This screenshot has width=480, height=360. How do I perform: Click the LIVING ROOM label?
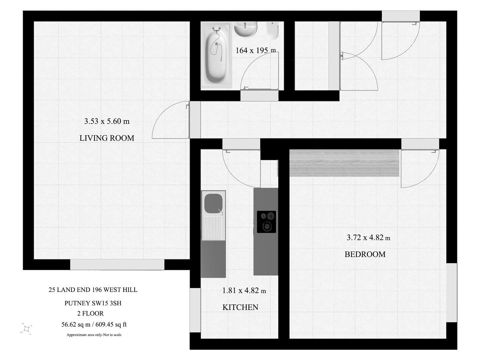click(107, 138)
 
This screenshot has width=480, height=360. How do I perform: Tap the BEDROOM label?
click(365, 254)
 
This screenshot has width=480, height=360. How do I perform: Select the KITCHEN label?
click(240, 307)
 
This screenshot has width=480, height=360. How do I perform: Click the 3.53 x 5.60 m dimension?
click(107, 121)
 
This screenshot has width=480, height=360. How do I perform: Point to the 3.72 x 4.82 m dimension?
click(368, 238)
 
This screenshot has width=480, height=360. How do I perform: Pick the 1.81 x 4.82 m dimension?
click(244, 291)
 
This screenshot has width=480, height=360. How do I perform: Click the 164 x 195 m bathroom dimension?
click(256, 51)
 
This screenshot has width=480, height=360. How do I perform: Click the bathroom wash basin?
click(246, 28)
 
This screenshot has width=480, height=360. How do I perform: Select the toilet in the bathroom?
click(273, 30)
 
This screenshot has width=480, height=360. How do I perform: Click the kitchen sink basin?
click(213, 203)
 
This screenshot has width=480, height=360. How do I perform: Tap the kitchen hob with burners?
click(266, 222)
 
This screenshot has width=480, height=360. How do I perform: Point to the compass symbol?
click(27, 329)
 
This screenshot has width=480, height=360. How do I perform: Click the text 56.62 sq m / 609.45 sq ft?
click(94, 324)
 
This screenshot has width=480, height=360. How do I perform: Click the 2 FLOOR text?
click(90, 314)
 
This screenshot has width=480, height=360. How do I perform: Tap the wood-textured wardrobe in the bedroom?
click(344, 163)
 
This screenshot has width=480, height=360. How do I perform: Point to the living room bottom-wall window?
click(117, 265)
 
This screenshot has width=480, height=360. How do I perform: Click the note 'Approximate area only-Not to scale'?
click(94, 335)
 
